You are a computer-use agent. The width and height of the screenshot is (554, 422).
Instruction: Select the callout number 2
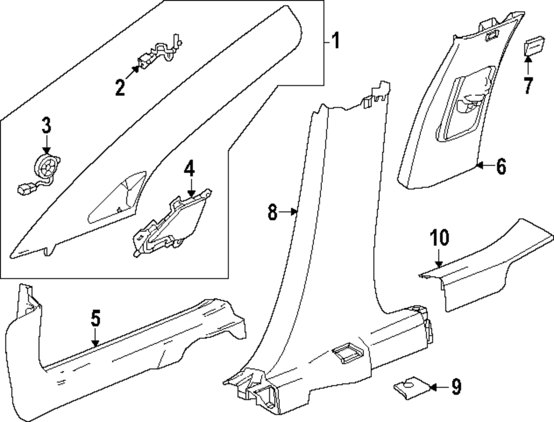120,87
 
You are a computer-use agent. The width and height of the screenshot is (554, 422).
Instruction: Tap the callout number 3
47,125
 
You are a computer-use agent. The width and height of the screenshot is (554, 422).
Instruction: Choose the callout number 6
501,166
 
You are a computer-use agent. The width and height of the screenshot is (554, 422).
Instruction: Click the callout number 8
273,212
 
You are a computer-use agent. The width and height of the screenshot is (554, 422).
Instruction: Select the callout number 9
456,387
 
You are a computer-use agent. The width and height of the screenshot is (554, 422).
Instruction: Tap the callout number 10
439,237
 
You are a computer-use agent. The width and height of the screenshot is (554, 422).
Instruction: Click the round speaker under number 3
47,167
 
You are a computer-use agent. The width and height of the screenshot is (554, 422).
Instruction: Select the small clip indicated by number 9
412,388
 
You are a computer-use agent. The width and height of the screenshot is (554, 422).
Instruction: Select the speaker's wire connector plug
24,189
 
